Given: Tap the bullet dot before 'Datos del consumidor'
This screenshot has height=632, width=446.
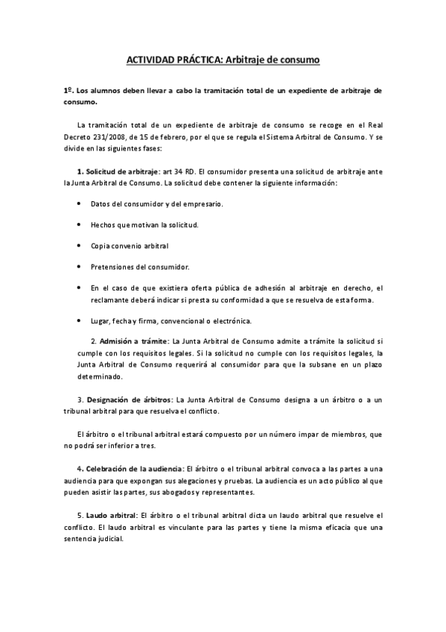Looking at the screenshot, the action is pyautogui.click(x=80, y=203).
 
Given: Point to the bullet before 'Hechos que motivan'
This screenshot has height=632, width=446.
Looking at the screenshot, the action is pyautogui.click(x=80, y=224).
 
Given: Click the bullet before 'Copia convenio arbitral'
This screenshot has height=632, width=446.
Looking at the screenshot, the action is pyautogui.click(x=80, y=245).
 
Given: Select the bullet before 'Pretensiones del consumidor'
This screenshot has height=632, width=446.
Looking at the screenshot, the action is pyautogui.click(x=80, y=266).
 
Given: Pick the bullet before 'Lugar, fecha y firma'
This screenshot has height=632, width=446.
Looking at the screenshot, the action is pyautogui.click(x=80, y=321).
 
